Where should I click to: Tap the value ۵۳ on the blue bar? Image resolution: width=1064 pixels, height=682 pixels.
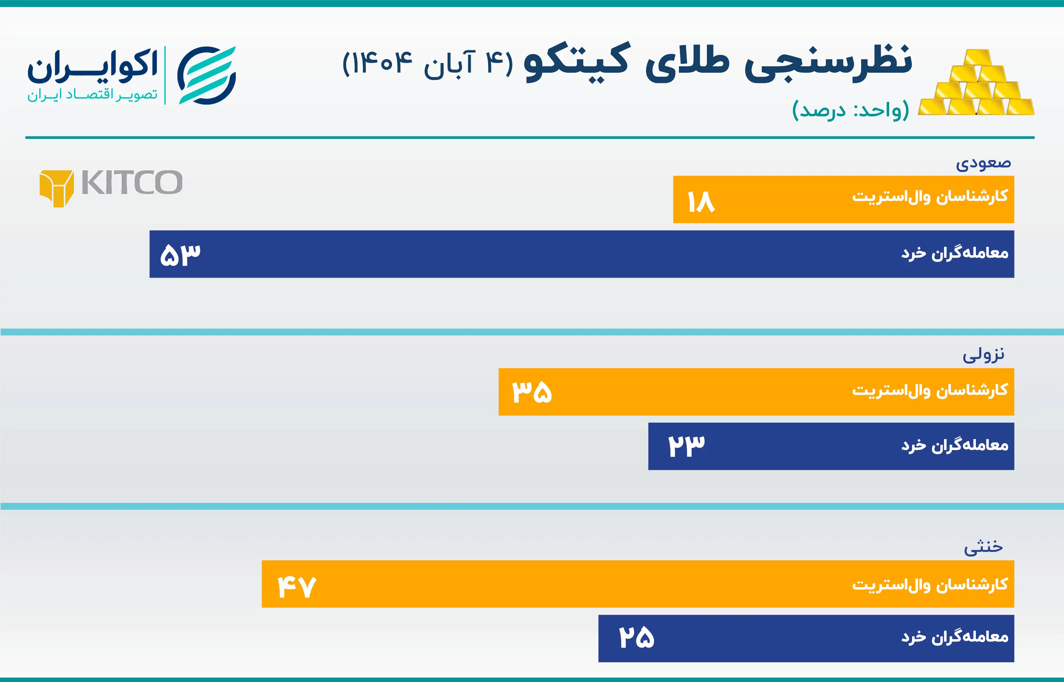(x=180, y=255)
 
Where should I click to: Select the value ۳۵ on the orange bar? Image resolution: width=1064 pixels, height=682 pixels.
(x=532, y=392)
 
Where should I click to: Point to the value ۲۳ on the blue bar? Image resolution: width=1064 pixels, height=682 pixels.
(x=686, y=446)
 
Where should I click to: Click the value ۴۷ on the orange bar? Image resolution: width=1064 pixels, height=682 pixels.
(x=297, y=586)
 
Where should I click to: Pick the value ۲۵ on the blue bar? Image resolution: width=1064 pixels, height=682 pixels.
(x=636, y=638)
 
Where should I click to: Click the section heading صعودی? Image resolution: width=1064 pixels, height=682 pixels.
(x=983, y=163)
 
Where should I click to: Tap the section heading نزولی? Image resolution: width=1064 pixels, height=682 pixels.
(x=983, y=355)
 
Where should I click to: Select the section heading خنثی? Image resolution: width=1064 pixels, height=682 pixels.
(x=983, y=547)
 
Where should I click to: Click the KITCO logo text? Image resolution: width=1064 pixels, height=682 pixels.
(x=132, y=183)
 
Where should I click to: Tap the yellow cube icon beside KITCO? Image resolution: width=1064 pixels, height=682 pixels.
(x=56, y=188)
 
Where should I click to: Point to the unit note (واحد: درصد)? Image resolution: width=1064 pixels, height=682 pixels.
(x=850, y=110)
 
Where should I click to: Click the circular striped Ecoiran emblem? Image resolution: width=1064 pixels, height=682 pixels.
(x=206, y=75)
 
